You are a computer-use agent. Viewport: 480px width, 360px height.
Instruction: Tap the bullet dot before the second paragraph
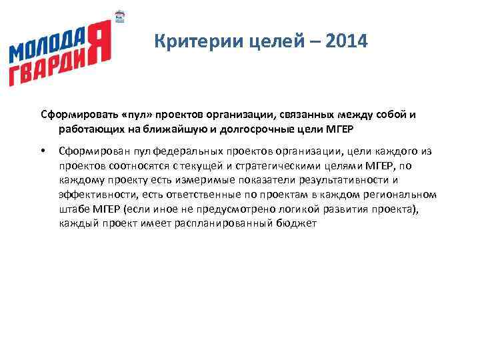(x=43, y=152)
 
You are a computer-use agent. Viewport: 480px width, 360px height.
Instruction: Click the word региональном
(x=403, y=195)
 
